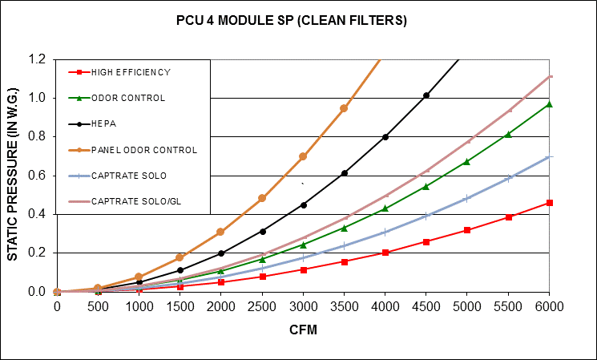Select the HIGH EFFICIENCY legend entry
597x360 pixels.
[x=131, y=72]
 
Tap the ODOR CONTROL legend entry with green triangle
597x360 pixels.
[x=128, y=98]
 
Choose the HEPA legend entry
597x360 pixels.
[x=103, y=124]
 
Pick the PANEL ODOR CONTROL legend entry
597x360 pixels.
[x=143, y=150]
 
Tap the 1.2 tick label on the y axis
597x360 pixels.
[x=37, y=59]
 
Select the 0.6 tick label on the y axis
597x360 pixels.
[x=37, y=176]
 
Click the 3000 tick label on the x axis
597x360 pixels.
[x=303, y=307]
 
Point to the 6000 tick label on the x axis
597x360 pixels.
[x=550, y=307]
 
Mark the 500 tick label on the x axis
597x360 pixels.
[x=97, y=307]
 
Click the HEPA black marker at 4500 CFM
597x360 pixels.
[x=426, y=95]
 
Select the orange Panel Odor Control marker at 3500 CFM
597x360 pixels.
[x=344, y=108]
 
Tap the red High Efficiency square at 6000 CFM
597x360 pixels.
[x=550, y=203]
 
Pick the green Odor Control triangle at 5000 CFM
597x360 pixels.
[x=467, y=161]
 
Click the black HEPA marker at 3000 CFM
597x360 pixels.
[x=303, y=205]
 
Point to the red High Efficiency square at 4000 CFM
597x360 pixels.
[x=385, y=253]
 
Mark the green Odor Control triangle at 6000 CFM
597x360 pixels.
[x=550, y=103]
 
